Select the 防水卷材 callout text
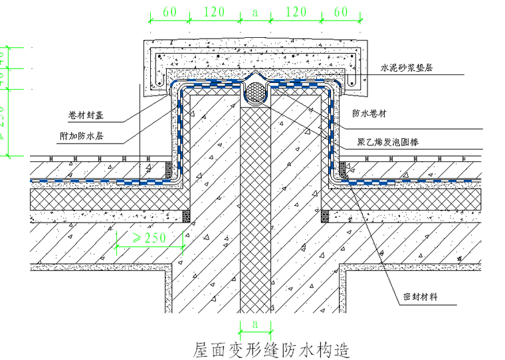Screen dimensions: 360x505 [369, 112]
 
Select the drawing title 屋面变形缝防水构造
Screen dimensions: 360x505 [270, 348]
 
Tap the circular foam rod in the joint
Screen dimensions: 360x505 [254, 94]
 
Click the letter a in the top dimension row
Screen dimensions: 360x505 [254, 11]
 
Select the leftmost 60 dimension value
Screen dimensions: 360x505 [169, 11]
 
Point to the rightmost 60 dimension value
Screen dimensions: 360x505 [341, 11]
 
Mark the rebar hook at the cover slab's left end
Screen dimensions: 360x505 [161, 80]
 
